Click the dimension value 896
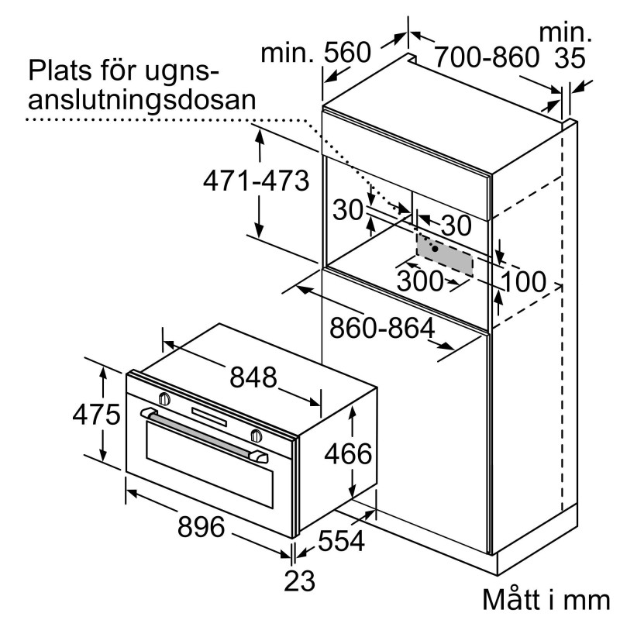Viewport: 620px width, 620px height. (201, 529)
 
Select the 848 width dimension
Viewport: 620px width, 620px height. (253, 377)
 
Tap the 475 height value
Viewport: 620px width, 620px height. (96, 415)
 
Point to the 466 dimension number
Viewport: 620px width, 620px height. (347, 453)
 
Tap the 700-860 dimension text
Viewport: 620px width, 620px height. (486, 56)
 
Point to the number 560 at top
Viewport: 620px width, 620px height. (348, 53)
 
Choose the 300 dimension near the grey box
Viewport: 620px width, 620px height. (419, 281)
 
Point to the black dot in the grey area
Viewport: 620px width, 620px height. (436, 250)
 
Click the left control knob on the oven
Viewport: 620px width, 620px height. (164, 398)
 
